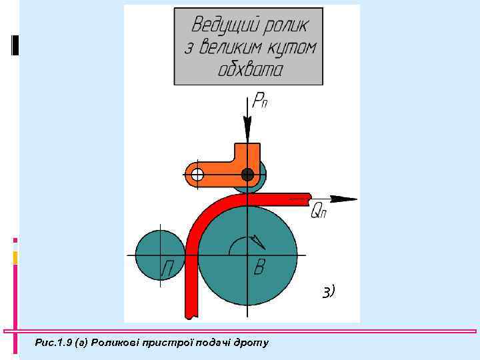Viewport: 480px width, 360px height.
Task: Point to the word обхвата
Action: (251, 69)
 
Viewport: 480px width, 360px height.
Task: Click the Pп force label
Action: (260, 102)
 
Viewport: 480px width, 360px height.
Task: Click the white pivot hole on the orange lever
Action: (197, 175)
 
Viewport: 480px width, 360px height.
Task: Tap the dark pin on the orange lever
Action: (247, 175)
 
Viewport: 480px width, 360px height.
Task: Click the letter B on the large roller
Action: (261, 269)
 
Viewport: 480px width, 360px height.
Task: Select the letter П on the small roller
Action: (169, 269)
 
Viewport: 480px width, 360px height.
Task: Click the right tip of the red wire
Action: (309, 197)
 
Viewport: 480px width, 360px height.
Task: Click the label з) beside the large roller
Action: (328, 291)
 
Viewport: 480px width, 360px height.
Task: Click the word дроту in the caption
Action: (253, 343)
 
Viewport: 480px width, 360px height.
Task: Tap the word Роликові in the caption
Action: (117, 343)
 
